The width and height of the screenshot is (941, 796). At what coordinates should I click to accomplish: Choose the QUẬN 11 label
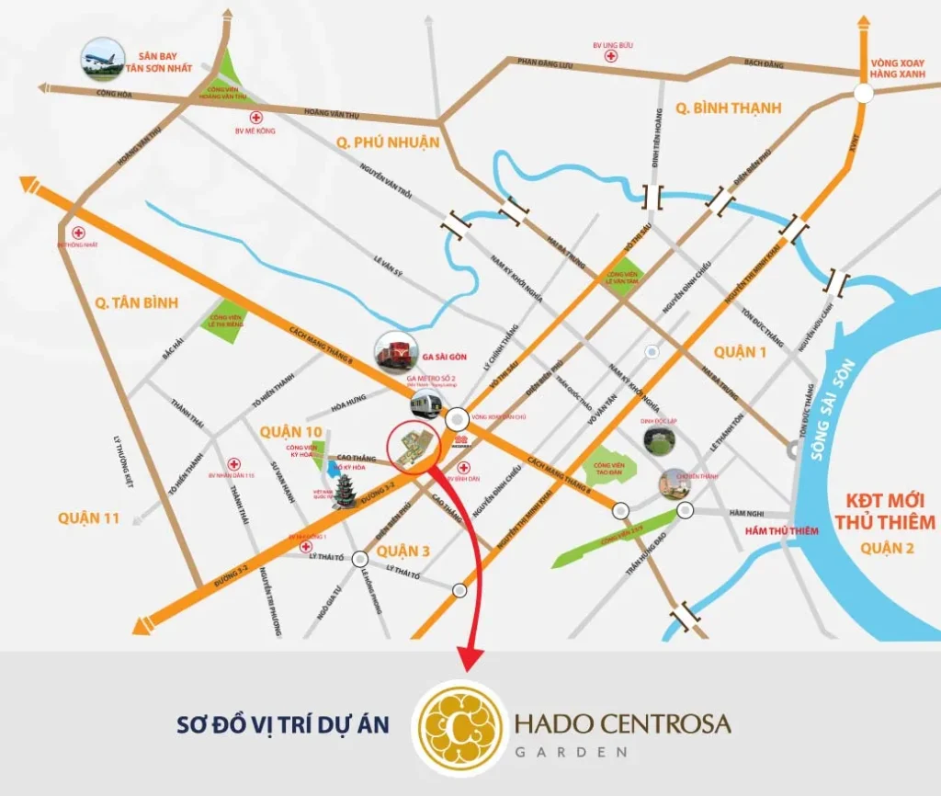(88, 517)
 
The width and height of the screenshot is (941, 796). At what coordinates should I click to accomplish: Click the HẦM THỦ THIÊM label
(755, 531)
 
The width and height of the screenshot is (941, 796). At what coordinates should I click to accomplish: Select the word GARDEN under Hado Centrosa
(570, 751)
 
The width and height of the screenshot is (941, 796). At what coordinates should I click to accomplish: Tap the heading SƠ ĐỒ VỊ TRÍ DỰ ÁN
(282, 724)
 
